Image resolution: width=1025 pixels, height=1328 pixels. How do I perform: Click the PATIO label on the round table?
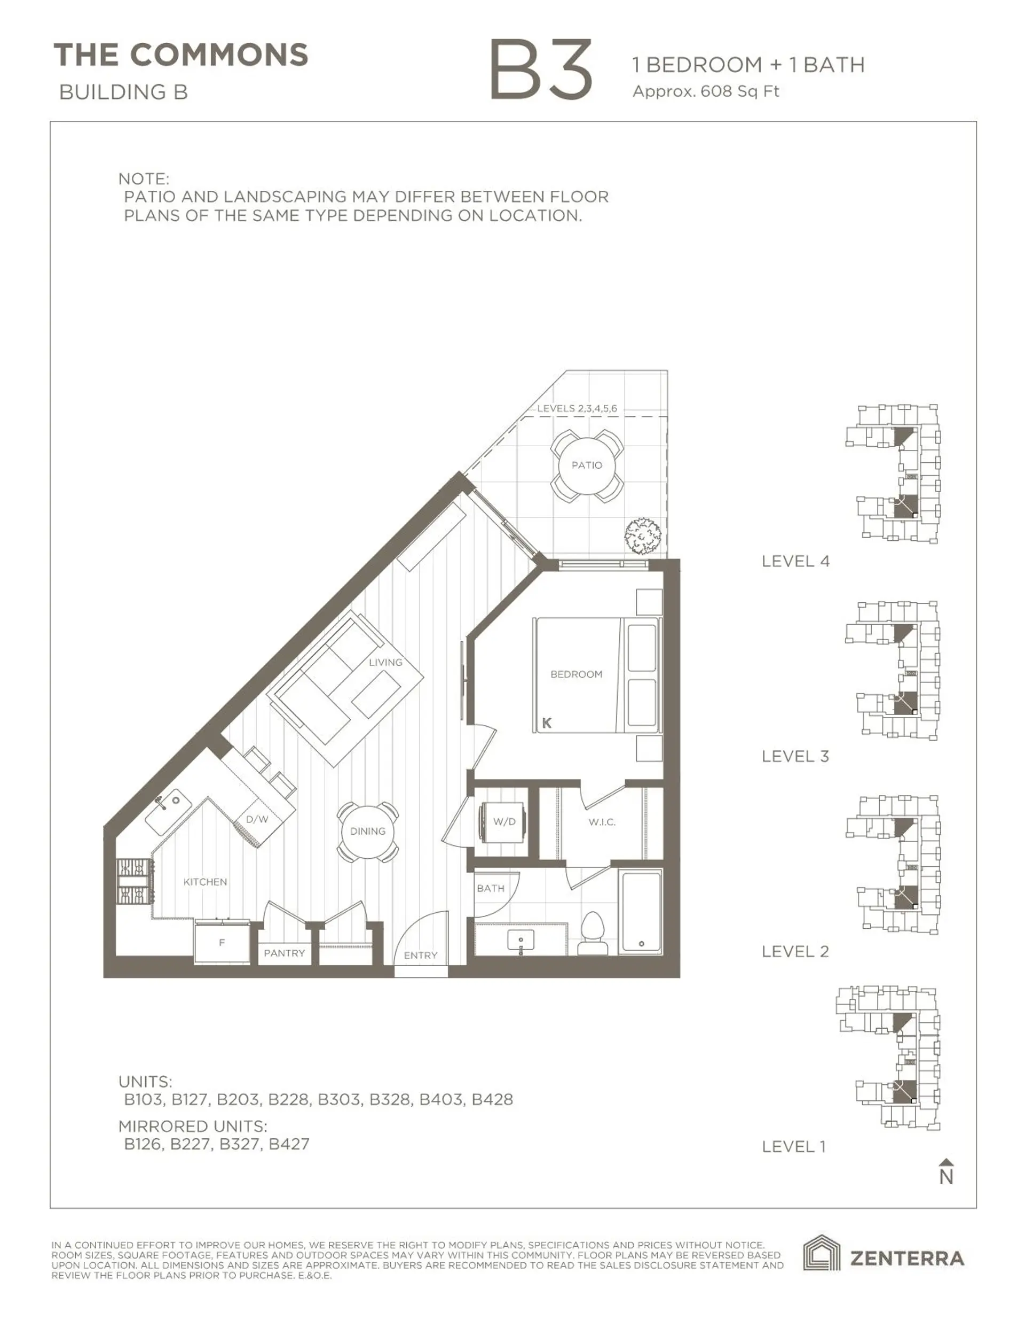586,465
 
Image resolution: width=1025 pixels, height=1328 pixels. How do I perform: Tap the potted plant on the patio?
643,535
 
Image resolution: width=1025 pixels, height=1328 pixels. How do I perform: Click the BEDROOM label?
576,674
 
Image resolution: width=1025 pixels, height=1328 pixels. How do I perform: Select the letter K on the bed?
547,723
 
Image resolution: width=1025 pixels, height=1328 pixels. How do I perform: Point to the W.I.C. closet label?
602,821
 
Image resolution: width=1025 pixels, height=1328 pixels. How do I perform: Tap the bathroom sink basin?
521,939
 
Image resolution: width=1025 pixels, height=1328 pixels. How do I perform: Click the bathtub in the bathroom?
641,912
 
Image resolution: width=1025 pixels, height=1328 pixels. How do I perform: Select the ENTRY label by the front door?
421,956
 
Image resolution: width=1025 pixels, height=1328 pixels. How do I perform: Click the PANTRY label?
283,953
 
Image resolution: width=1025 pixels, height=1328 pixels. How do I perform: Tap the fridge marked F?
222,943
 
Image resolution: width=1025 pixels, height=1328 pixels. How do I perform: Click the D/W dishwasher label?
256,819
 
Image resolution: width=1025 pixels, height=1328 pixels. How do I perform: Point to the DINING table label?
368,830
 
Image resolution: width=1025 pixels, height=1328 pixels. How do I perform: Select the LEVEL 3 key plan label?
795,756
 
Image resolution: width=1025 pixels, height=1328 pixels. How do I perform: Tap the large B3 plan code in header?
540,69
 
